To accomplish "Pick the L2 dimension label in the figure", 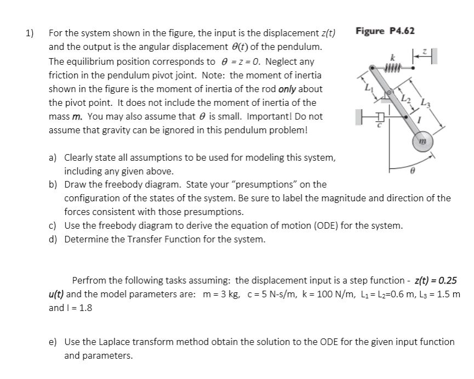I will [404, 99].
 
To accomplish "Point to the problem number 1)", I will [30, 34].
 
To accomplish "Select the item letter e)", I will [54, 342].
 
